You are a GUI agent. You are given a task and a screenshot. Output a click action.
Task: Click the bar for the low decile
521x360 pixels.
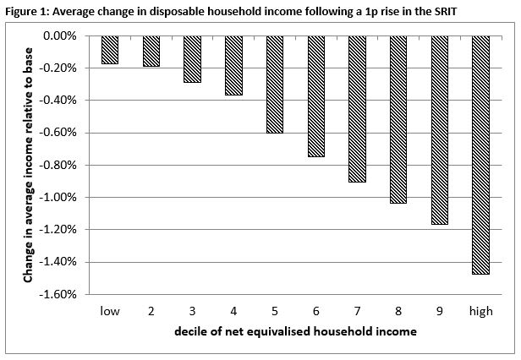[110, 50]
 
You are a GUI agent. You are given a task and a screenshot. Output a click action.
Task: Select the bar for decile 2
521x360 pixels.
[151, 52]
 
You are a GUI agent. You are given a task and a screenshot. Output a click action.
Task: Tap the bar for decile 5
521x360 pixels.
[275, 85]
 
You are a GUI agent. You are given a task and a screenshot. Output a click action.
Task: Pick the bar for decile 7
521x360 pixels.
[357, 109]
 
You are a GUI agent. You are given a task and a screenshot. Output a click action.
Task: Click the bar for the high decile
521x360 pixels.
[480, 155]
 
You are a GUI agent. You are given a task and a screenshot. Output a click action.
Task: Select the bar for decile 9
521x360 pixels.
[440, 130]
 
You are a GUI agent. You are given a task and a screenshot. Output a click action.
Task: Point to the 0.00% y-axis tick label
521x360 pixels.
[60, 35]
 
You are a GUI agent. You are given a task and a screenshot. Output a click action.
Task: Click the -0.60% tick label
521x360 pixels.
[58, 133]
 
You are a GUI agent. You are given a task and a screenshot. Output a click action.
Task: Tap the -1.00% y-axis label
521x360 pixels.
[58, 197]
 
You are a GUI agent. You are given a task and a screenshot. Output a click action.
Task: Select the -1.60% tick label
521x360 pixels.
[58, 294]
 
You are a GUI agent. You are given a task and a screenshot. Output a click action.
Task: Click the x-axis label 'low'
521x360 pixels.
[110, 311]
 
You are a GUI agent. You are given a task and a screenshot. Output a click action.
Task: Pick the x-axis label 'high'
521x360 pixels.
[480, 312]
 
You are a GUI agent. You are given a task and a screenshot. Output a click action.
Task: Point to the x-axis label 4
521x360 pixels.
[233, 311]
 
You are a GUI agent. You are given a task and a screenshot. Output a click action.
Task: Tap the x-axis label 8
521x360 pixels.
[398, 311]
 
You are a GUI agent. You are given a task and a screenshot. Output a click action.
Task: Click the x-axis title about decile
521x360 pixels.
[295, 331]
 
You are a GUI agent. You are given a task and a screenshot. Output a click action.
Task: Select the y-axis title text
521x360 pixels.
[28, 165]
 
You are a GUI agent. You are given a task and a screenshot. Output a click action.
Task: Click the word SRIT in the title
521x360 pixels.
[446, 12]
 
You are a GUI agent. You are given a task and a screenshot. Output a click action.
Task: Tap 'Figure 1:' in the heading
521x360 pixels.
[28, 12]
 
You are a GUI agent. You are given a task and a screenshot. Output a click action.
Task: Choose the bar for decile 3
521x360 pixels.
[192, 59]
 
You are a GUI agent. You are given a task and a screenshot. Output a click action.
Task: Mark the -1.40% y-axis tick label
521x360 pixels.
[58, 262]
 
